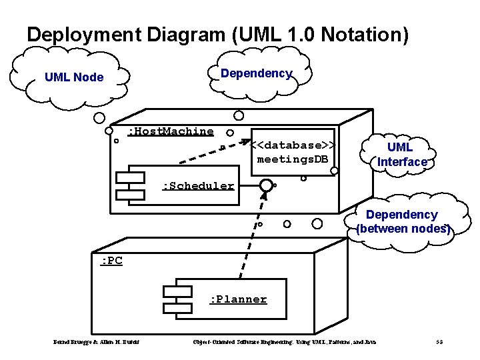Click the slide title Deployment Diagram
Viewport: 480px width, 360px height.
[x=217, y=35]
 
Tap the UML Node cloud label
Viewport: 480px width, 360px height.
[x=74, y=77]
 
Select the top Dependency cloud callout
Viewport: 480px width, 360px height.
[x=257, y=73]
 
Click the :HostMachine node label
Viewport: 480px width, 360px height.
[x=171, y=131]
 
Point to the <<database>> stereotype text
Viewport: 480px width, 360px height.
[x=293, y=145]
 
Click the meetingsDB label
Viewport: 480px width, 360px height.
[x=293, y=159]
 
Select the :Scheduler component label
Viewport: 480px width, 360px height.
[x=199, y=186]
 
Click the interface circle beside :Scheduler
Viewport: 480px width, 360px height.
[x=266, y=185]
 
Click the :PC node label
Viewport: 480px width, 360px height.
[x=111, y=261]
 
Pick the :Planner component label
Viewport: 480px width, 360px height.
[x=238, y=299]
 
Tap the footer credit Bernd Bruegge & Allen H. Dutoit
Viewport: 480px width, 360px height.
[x=96, y=343]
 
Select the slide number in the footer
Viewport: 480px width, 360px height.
[x=439, y=343]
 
